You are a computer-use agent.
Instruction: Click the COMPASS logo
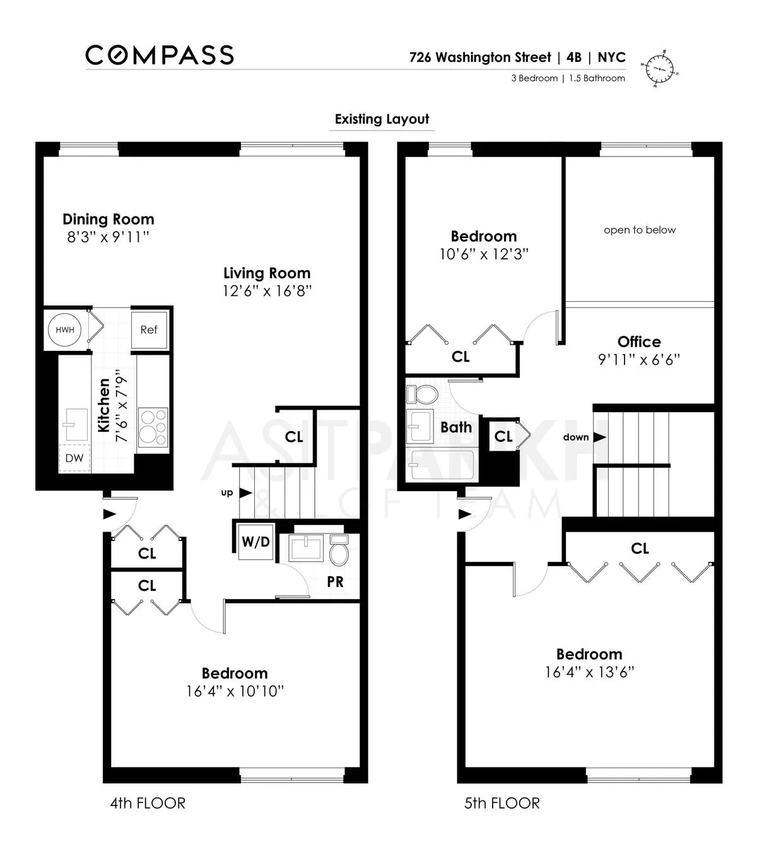tap(160, 55)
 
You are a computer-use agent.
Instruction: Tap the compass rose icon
tap(660, 68)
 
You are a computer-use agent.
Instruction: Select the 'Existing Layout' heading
tap(382, 119)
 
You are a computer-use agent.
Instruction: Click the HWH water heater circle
tap(64, 330)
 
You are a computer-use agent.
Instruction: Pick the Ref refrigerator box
tap(149, 330)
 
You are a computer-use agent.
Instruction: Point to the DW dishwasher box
tap(74, 458)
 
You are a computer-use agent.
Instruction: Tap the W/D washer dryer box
tap(255, 542)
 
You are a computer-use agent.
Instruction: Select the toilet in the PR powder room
tap(339, 551)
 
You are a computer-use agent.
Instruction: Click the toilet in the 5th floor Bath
tap(423, 395)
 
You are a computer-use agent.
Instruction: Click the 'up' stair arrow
tap(245, 493)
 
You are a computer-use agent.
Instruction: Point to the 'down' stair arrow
tap(599, 437)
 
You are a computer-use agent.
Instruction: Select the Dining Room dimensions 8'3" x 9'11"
tap(108, 237)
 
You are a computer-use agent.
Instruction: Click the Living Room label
tap(267, 273)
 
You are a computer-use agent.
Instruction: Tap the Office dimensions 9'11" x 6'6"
tap(639, 360)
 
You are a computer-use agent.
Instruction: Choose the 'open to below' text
tap(639, 230)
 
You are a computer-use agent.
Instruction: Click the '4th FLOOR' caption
tap(148, 803)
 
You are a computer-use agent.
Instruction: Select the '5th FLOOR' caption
tap(502, 803)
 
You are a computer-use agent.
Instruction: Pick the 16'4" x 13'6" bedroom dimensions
tap(589, 672)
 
